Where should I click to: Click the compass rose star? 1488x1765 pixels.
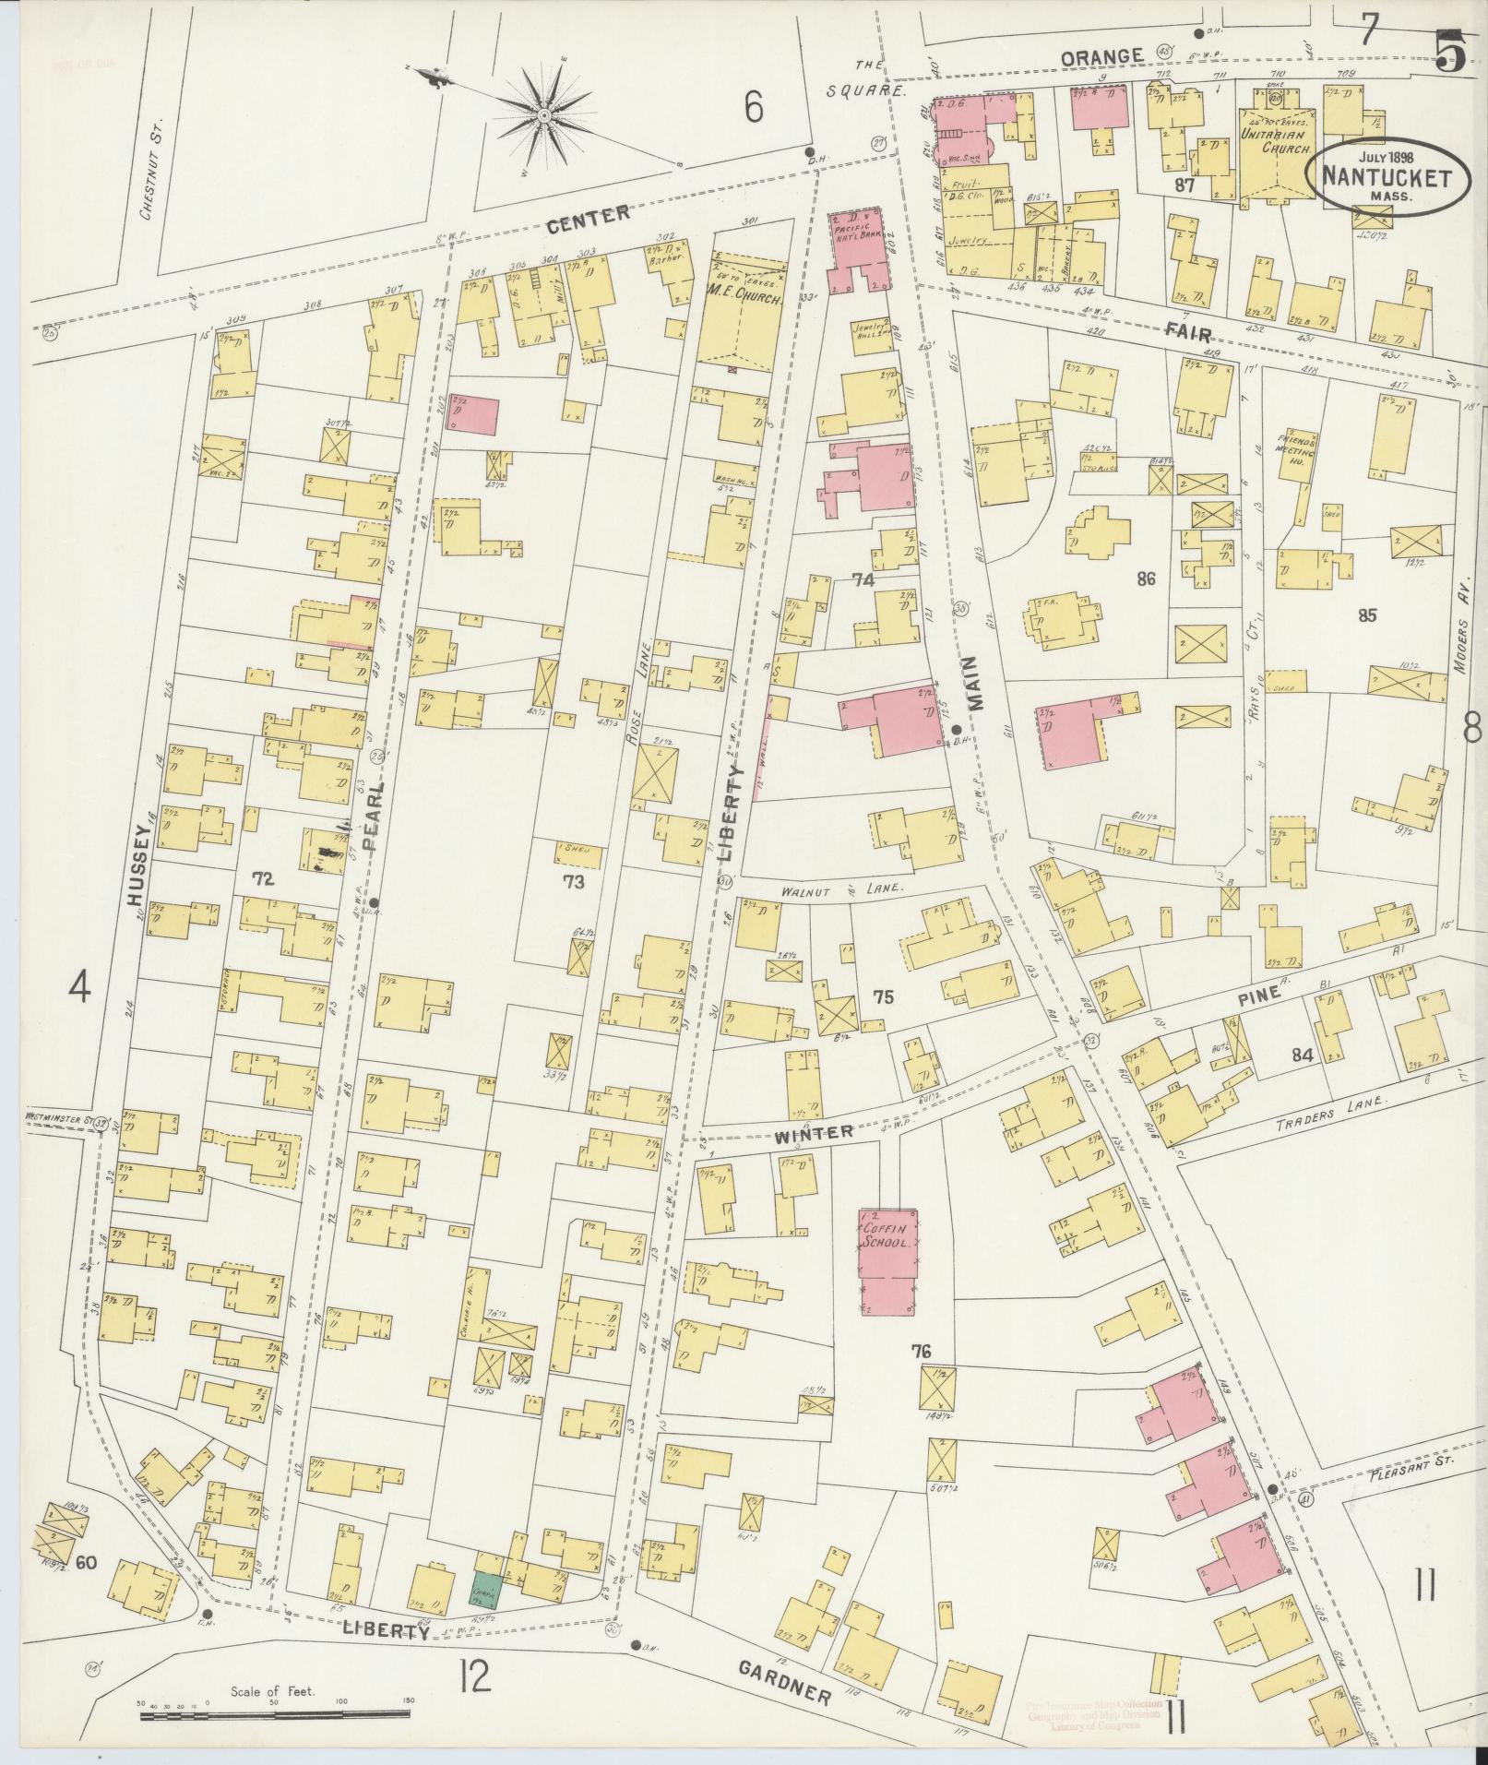click(544, 114)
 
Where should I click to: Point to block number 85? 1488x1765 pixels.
click(1367, 614)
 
